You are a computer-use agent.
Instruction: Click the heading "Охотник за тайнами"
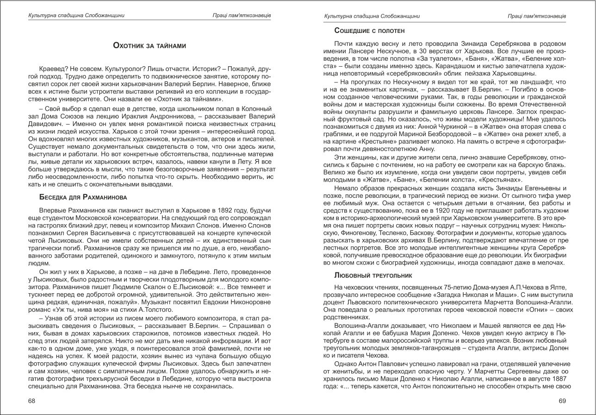point(149,45)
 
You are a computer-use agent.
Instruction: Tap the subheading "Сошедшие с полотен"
point(369,31)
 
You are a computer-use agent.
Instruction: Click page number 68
point(32,401)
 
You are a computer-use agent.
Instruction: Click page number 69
point(562,401)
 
